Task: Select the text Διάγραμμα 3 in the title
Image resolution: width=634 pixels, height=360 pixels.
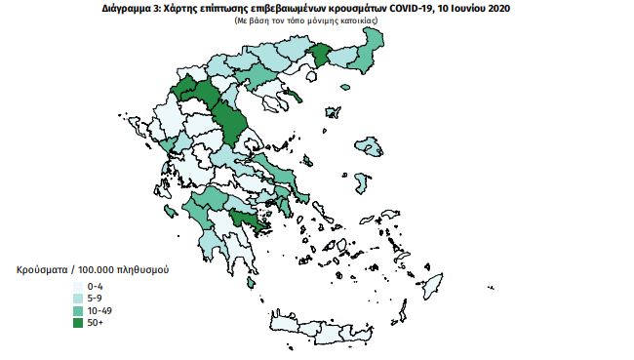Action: pos(131,7)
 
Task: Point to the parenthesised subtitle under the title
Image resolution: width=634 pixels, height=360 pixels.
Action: pos(317,20)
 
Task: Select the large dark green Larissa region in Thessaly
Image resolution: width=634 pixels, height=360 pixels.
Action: pos(230,121)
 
